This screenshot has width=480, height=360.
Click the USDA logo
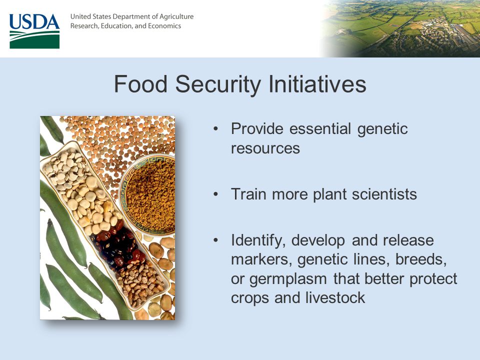(34, 31)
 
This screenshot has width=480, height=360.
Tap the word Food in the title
(141, 84)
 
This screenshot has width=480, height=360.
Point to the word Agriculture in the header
(176, 17)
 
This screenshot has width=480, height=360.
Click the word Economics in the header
(164, 26)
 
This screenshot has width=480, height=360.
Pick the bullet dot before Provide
(216, 129)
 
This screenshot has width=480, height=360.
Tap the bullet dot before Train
(216, 194)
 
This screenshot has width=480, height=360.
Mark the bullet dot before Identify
(216, 240)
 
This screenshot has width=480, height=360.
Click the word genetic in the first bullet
(382, 129)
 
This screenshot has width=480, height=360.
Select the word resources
(265, 148)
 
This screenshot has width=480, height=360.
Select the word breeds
(421, 259)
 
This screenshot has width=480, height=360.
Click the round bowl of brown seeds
(147, 194)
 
